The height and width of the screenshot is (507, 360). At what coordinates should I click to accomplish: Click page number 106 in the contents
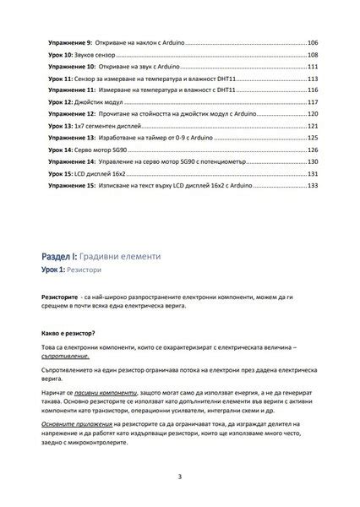pos(313,41)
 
